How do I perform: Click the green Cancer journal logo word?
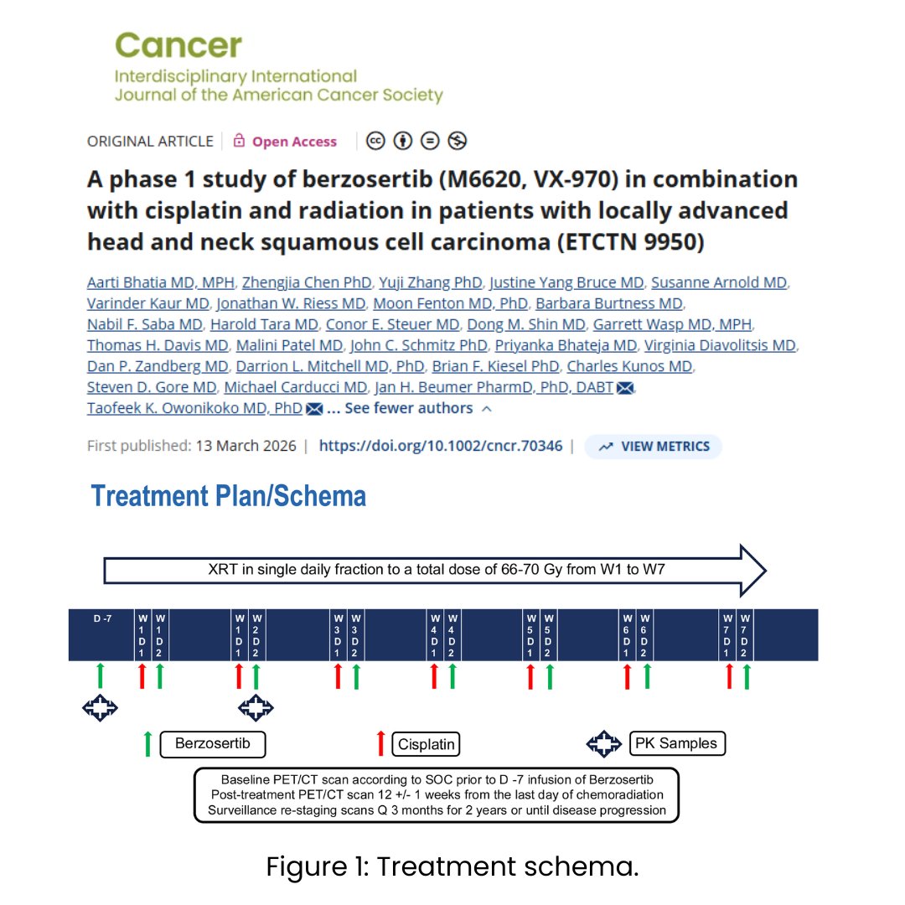pos(178,44)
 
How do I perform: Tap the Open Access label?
pos(294,142)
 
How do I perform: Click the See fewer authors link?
pos(409,408)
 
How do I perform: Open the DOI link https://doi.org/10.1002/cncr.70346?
pos(441,446)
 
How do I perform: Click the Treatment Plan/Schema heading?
pos(229,496)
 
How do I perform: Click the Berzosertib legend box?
pos(212,743)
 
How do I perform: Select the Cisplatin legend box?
pos(427,744)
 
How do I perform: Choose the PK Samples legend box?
pos(676,743)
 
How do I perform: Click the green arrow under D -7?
pos(101,675)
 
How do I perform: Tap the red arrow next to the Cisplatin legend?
pos(381,743)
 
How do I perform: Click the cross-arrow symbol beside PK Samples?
pos(602,743)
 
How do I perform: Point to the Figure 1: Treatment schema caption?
pos(452,867)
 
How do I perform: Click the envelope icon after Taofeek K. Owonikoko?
pos(314,409)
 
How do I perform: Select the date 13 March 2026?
pos(246,446)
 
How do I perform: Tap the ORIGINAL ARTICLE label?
pos(150,142)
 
